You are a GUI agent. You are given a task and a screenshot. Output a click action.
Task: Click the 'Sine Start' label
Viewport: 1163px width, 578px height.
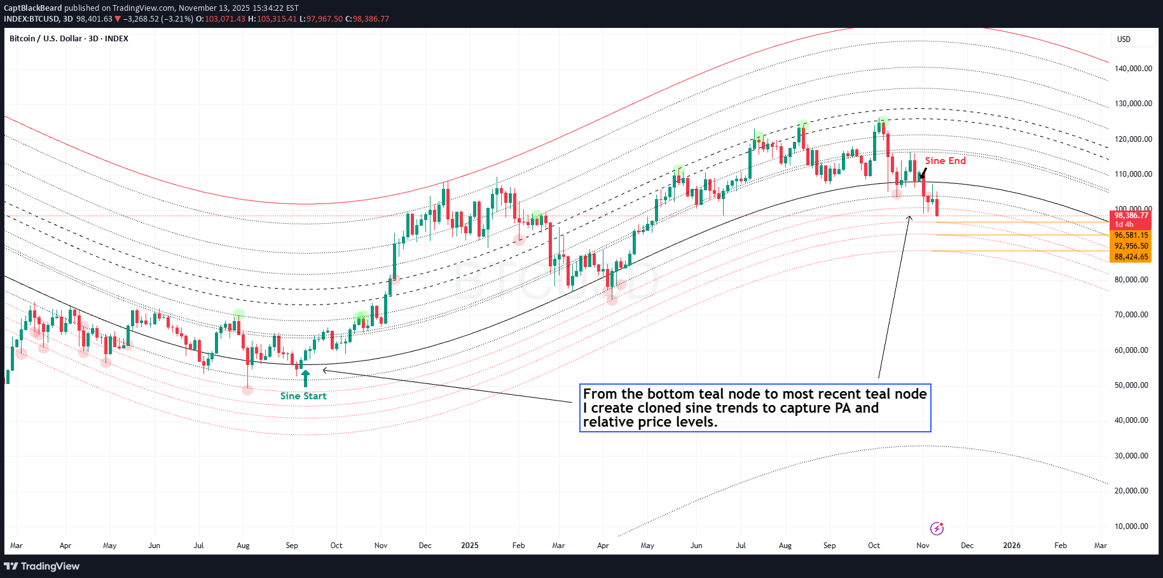[x=303, y=396]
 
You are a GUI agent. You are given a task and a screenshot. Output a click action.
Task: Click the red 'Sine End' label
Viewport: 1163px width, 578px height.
[x=945, y=161]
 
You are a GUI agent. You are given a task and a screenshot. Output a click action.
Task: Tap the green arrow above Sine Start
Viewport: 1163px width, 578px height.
[x=305, y=378]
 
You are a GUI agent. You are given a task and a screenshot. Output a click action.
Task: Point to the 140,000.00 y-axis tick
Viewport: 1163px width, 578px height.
[x=1133, y=69]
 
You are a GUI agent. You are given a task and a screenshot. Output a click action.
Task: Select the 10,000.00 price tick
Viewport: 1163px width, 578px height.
[x=1133, y=526]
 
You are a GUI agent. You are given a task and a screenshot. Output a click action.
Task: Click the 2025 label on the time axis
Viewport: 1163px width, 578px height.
[x=470, y=546]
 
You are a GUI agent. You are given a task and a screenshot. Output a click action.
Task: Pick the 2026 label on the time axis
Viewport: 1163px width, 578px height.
[x=1012, y=546]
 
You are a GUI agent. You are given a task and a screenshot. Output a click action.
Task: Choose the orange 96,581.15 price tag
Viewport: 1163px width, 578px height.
[x=1131, y=235]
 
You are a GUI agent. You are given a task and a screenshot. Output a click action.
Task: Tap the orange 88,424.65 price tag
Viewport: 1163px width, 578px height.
[x=1131, y=257]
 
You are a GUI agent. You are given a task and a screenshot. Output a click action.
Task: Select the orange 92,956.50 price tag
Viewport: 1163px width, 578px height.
[x=1131, y=246]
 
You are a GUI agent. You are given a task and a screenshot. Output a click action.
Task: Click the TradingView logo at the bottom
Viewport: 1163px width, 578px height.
[x=42, y=566]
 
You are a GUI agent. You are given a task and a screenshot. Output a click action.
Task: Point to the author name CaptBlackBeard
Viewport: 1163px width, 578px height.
[x=33, y=8]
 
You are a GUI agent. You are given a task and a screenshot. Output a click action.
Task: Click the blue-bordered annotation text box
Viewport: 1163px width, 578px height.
[x=755, y=408]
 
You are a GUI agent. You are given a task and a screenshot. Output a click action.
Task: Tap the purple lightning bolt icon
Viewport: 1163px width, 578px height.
[x=937, y=528]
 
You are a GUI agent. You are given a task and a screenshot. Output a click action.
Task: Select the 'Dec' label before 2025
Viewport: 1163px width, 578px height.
[x=425, y=546]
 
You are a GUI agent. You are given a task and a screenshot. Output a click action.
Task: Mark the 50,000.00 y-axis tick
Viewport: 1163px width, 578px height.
[x=1133, y=385]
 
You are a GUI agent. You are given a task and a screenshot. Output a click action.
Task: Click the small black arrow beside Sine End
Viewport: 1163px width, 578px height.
[x=923, y=174]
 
